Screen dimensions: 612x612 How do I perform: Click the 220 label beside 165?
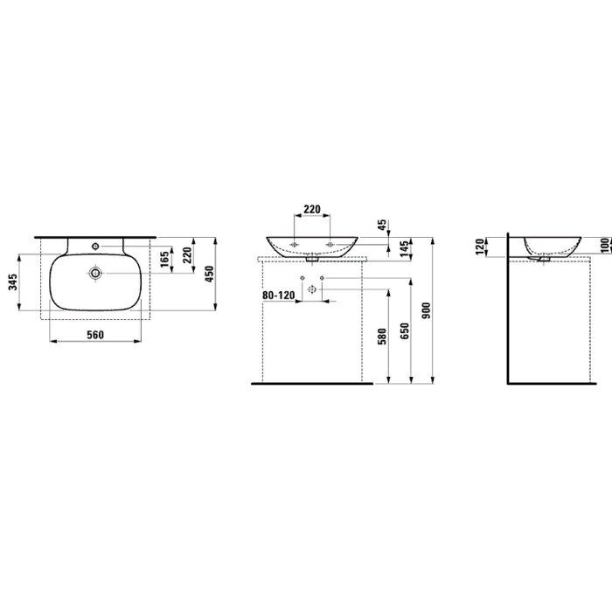(x=186, y=255)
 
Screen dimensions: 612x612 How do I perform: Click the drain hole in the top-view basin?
(x=94, y=275)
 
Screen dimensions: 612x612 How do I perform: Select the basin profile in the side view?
(x=552, y=246)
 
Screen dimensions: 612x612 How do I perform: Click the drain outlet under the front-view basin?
(x=312, y=259)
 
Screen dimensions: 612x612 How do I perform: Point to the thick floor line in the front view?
(x=306, y=382)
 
